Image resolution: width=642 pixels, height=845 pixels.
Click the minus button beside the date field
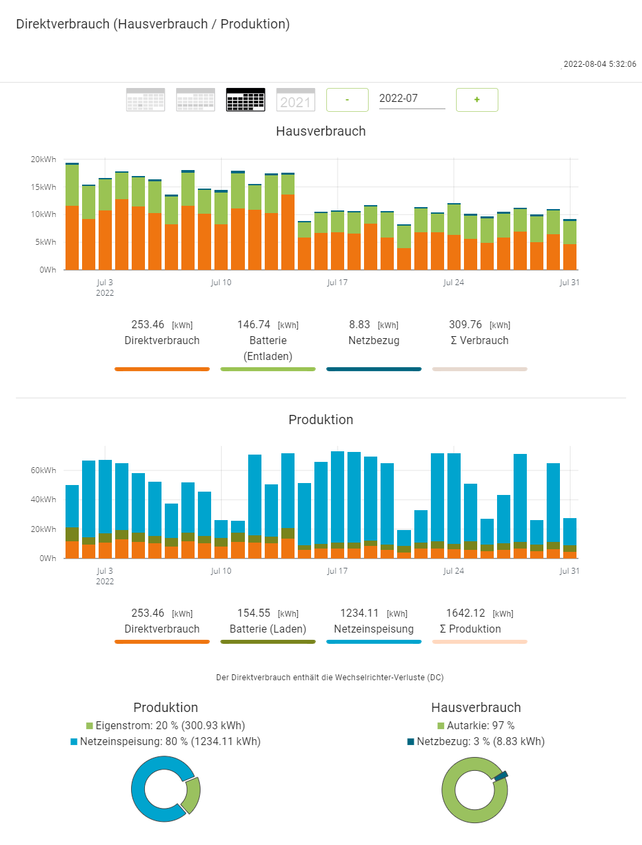(x=347, y=100)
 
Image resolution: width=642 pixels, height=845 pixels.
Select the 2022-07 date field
(x=411, y=99)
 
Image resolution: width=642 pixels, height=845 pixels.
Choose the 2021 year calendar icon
(x=295, y=100)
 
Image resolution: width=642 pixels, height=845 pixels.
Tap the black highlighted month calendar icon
(x=246, y=100)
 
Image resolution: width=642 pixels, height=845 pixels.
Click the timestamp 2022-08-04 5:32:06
(x=600, y=64)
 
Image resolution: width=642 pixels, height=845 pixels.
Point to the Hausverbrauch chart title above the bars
(x=321, y=131)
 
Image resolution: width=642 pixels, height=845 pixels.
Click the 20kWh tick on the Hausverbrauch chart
(x=44, y=159)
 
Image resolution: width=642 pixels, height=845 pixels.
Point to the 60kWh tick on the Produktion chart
(x=44, y=470)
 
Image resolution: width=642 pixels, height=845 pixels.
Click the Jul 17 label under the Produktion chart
(x=337, y=571)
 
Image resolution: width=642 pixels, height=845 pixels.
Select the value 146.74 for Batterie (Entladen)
(x=253, y=325)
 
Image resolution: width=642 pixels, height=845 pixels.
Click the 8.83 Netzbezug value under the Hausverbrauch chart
(x=359, y=325)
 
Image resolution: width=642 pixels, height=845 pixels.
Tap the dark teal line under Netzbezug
(x=374, y=369)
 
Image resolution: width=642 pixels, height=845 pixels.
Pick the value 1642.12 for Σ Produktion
(x=465, y=613)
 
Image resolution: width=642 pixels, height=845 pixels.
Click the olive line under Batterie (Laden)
(x=268, y=641)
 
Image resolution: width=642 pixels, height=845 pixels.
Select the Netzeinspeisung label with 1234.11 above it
(x=374, y=629)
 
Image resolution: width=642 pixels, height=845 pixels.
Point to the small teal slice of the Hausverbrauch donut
(x=501, y=775)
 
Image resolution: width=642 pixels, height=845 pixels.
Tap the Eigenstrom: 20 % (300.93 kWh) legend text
(x=170, y=726)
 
